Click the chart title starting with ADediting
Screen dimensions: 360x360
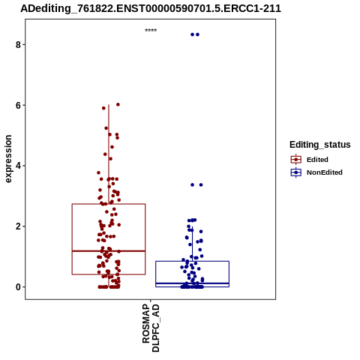click(x=151, y=8)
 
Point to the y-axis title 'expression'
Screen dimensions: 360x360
click(x=8, y=159)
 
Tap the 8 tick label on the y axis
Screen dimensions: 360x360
click(x=18, y=45)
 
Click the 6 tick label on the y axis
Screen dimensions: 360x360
click(x=18, y=106)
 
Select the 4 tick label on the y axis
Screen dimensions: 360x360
click(x=18, y=166)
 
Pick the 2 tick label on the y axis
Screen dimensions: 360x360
click(x=18, y=226)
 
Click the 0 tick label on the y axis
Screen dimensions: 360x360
click(x=18, y=287)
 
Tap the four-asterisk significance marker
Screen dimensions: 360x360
click(x=151, y=31)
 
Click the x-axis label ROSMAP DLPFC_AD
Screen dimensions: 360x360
click(x=151, y=328)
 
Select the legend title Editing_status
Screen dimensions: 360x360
click(x=320, y=145)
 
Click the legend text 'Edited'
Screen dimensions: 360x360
click(x=317, y=160)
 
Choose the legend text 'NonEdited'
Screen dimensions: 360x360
click(x=325, y=172)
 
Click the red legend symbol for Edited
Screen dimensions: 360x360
click(x=296, y=160)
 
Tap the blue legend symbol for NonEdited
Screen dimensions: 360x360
click(x=296, y=172)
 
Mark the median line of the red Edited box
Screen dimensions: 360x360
click(x=109, y=251)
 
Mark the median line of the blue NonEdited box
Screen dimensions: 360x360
click(x=193, y=283)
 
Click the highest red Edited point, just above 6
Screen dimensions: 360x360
click(x=118, y=104)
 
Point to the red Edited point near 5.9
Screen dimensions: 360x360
click(x=103, y=108)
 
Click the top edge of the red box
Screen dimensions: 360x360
click(x=109, y=204)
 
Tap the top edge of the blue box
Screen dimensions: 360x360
click(x=193, y=261)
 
